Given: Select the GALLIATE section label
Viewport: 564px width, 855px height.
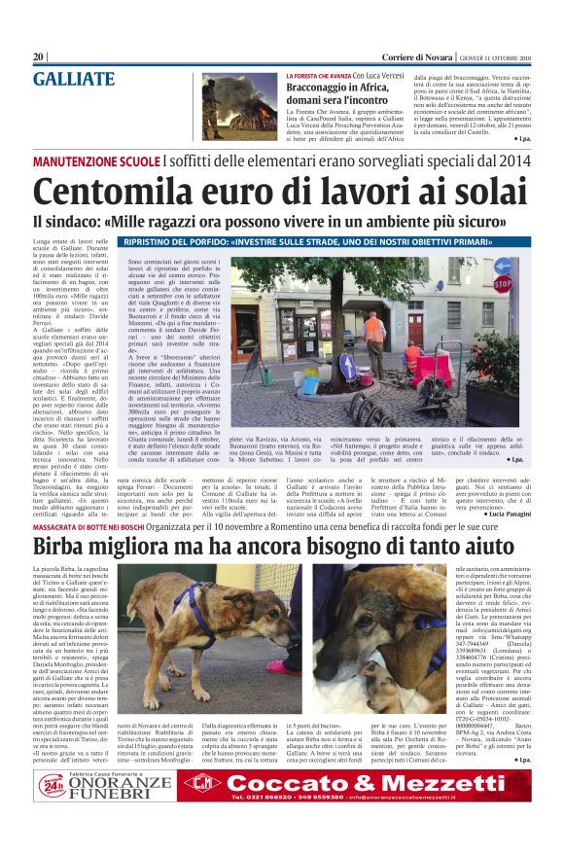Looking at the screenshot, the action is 74,79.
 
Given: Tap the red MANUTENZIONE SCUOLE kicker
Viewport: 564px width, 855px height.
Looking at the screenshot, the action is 97,160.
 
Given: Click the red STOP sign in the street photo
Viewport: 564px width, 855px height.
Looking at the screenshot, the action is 501,284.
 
